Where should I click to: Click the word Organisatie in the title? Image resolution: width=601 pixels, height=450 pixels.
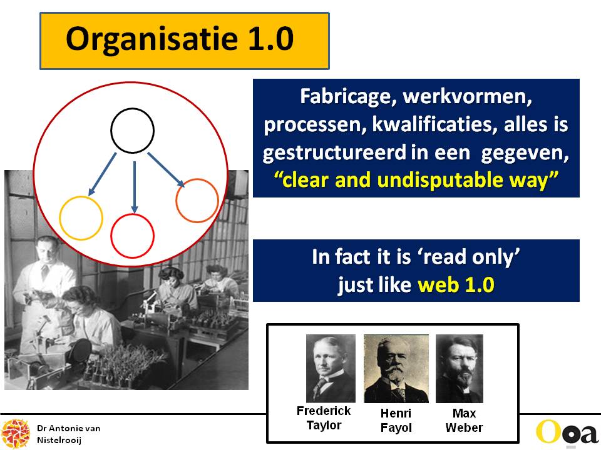pyautogui.click(x=152, y=39)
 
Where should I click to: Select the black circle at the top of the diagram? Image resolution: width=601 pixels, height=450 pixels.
pyautogui.click(x=132, y=109)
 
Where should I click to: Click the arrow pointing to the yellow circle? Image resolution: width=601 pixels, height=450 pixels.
pyautogui.click(x=102, y=174)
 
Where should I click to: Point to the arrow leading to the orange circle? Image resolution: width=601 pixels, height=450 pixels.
pyautogui.click(x=166, y=170)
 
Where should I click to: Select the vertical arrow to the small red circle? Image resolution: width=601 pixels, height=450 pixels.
pyautogui.click(x=134, y=187)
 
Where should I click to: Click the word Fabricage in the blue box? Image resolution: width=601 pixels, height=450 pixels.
pyautogui.click(x=347, y=96)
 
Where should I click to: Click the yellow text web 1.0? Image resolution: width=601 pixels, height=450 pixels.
pyautogui.click(x=456, y=285)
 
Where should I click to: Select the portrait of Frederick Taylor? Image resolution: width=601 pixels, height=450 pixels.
pyautogui.click(x=331, y=368)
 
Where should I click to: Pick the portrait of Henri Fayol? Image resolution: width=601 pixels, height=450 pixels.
pyautogui.click(x=396, y=369)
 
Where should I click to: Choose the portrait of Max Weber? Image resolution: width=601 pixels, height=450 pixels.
pyautogui.click(x=459, y=369)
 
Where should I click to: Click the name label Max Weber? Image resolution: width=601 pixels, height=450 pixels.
pyautogui.click(x=464, y=420)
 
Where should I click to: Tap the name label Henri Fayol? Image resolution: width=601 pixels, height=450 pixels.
pyautogui.click(x=396, y=420)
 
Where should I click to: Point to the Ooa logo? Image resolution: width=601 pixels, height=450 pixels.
pyautogui.click(x=567, y=433)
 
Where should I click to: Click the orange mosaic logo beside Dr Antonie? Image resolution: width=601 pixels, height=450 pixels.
pyautogui.click(x=16, y=434)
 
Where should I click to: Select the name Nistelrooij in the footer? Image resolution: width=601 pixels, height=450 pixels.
pyautogui.click(x=59, y=440)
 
